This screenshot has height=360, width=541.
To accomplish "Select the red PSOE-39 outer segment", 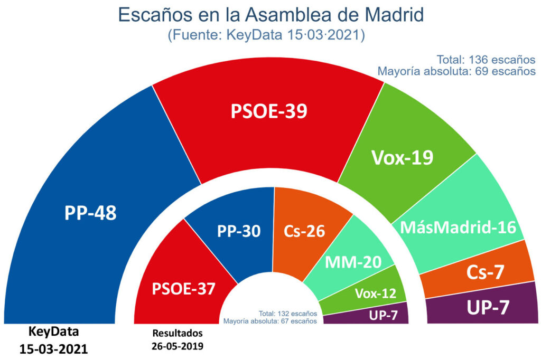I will (x=268, y=112).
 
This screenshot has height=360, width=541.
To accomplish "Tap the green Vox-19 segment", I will (x=403, y=157).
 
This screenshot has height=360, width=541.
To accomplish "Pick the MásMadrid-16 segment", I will (x=458, y=227).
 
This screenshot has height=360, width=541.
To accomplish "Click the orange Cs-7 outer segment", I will (x=485, y=272).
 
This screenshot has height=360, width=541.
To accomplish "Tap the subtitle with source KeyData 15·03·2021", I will (x=266, y=35).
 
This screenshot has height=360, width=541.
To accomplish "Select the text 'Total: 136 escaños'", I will (x=486, y=59).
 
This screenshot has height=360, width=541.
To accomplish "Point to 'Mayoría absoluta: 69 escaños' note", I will (x=456, y=71).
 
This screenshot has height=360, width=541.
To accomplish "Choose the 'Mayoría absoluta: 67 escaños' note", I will (x=270, y=320).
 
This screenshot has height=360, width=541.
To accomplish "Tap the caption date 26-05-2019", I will (x=178, y=346).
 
